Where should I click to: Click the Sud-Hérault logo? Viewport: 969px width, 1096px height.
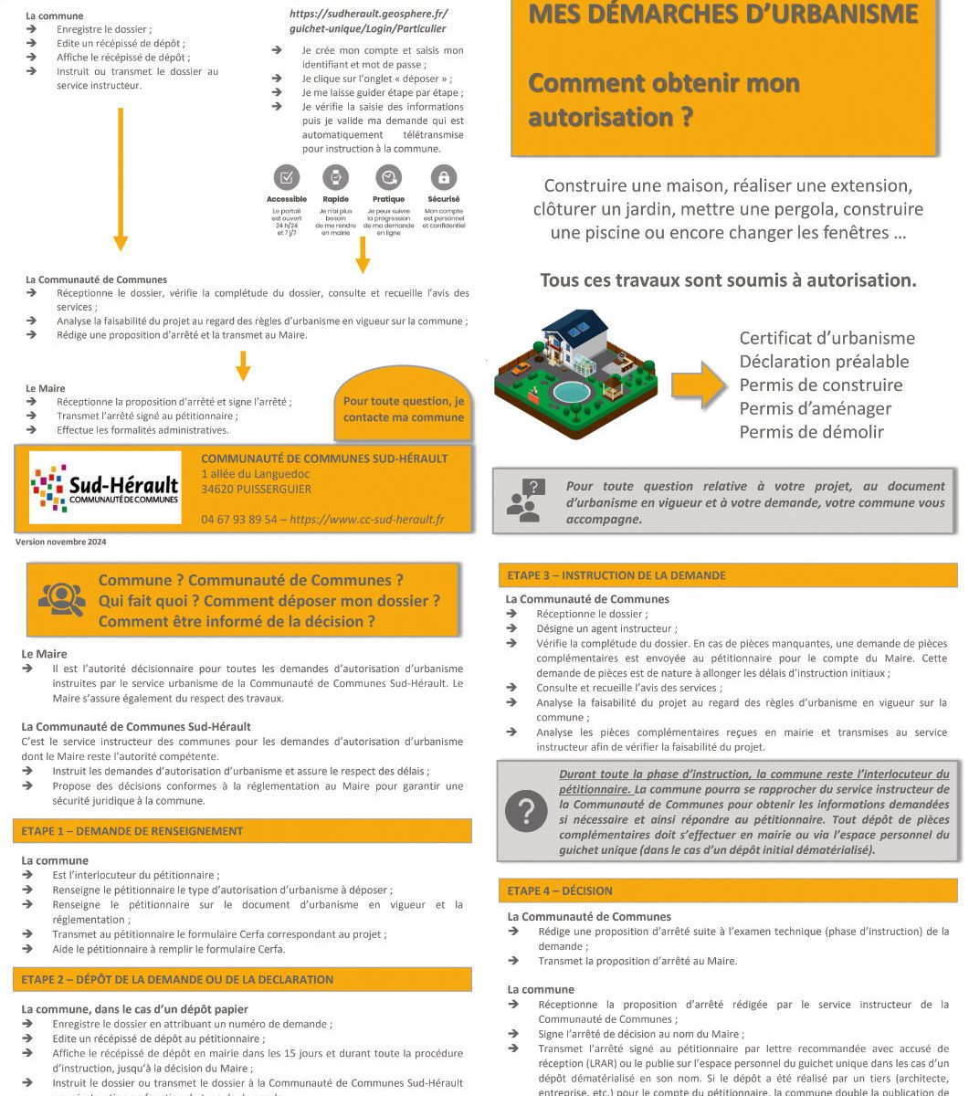tap(105, 488)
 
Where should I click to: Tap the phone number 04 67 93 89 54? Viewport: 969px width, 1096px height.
tap(238, 520)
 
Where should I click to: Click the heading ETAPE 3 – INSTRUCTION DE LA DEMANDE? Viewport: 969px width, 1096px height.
tap(616, 575)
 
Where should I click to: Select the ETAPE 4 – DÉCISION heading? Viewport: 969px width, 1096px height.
tap(560, 890)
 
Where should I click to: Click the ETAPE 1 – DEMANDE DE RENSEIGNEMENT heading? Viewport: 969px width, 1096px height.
tap(132, 831)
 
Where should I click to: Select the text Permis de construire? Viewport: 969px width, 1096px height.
tap(820, 385)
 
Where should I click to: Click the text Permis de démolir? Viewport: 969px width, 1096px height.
tap(811, 432)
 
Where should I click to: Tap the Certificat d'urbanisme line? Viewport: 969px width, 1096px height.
tap(827, 338)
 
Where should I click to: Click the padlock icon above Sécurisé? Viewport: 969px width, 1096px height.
tap(444, 177)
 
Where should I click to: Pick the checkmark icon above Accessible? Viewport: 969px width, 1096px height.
tap(287, 177)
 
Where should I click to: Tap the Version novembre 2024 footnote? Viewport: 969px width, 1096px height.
tap(61, 542)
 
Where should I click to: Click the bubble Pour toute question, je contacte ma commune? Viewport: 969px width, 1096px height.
tap(404, 409)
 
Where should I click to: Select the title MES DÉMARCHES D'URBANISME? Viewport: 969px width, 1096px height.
tap(722, 15)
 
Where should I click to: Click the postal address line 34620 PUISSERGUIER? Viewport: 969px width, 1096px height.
tap(256, 489)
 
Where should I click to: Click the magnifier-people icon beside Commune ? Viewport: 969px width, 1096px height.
tap(62, 599)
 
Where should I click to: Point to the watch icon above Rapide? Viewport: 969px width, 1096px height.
tap(335, 177)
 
